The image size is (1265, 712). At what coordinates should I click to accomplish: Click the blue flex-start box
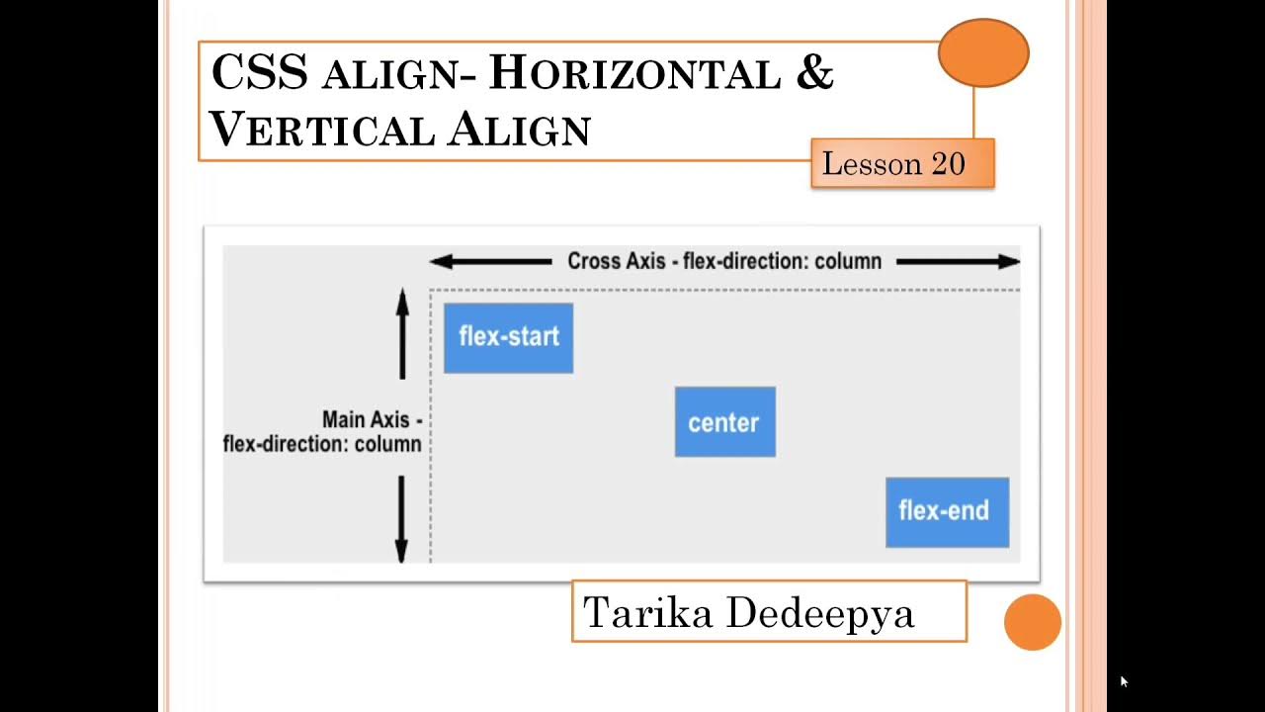[x=508, y=338]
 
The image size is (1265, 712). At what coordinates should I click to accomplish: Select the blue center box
[x=724, y=422]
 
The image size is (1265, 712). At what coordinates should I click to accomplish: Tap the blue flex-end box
[x=947, y=512]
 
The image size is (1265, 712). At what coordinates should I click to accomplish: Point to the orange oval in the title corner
[x=983, y=53]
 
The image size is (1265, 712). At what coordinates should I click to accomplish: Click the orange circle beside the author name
[x=1032, y=622]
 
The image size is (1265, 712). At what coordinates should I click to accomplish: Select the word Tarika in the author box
[x=647, y=613]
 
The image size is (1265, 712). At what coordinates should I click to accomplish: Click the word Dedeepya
[x=819, y=614]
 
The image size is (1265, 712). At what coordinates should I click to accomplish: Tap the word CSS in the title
[x=259, y=73]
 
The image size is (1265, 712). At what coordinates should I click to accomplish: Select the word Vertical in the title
[x=322, y=130]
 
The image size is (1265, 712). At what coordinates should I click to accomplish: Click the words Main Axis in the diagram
[x=366, y=419]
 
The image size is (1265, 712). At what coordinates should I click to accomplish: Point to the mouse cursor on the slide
[x=1123, y=681]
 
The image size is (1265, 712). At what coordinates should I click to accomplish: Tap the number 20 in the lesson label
[x=947, y=164]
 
